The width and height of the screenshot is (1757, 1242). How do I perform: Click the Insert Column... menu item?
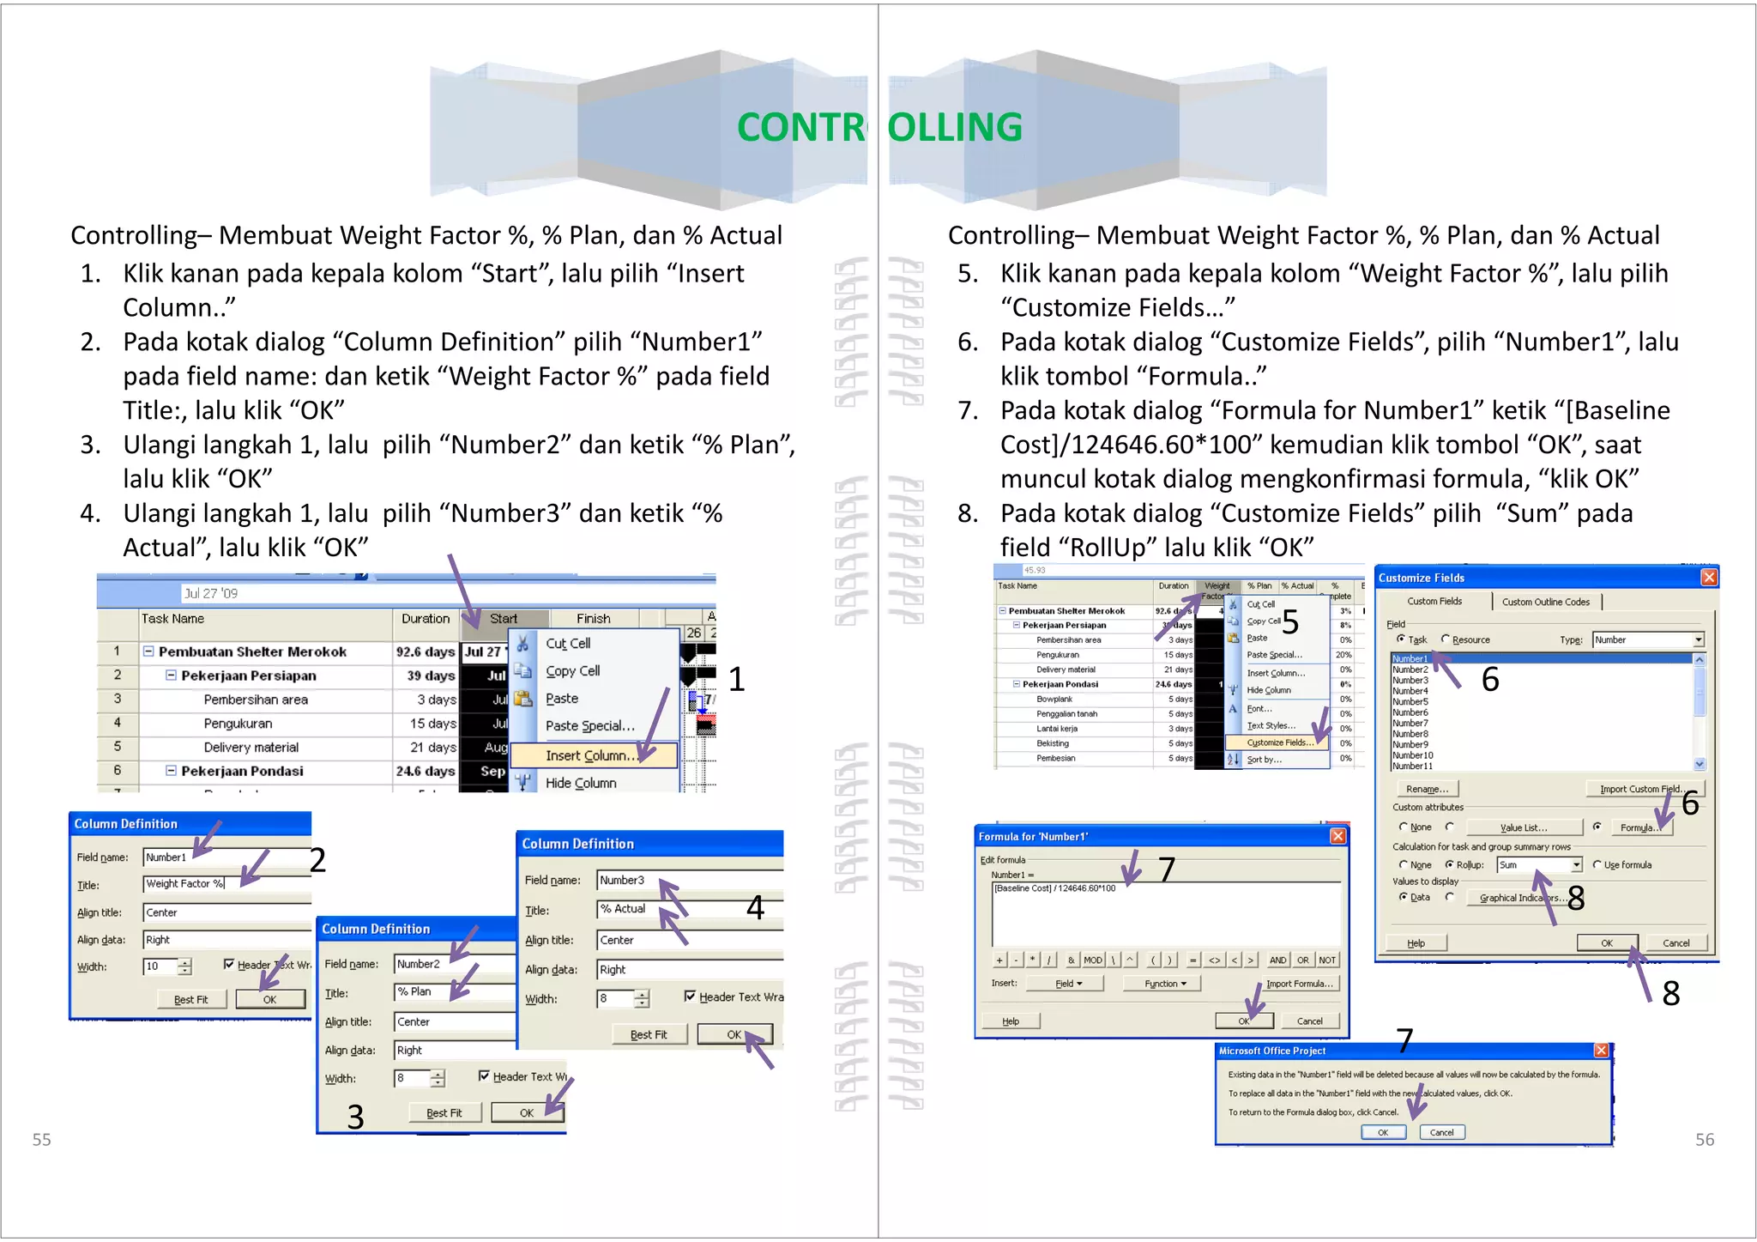[x=590, y=755]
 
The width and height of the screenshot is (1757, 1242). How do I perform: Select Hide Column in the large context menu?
[x=581, y=783]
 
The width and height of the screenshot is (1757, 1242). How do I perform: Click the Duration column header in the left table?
[x=425, y=618]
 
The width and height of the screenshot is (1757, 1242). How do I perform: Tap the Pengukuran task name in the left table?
[x=238, y=724]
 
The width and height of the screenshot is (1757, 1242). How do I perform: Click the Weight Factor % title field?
[x=223, y=883]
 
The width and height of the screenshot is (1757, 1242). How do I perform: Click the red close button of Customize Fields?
[x=1708, y=578]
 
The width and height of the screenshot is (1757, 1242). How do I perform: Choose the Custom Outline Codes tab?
[x=1545, y=602]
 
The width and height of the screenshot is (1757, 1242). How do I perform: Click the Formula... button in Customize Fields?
[x=1637, y=827]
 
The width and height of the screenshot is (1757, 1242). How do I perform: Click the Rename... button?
[x=1427, y=789]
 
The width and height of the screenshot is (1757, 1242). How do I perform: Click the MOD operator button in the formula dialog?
[x=1092, y=960]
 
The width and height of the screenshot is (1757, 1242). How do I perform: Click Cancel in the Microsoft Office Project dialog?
[x=1441, y=1132]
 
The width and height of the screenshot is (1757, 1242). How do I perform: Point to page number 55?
[x=41, y=1139]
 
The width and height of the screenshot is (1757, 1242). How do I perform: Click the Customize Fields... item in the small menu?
[x=1276, y=742]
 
